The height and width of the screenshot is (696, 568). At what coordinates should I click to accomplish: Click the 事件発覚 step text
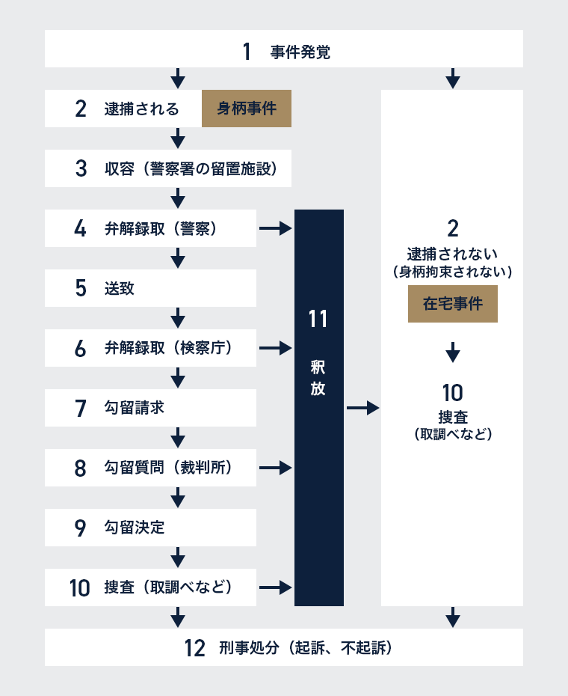(x=300, y=52)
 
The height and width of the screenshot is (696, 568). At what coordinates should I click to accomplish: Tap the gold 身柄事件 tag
(x=247, y=109)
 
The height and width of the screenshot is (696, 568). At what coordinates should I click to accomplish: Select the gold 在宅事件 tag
(x=453, y=304)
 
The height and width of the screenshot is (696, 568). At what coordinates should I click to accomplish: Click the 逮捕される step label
(x=141, y=109)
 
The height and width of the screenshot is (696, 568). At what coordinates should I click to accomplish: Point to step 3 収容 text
(x=191, y=168)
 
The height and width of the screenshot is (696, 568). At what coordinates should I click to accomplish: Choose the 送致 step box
(x=150, y=288)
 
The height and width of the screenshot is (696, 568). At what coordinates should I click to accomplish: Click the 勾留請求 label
(x=135, y=407)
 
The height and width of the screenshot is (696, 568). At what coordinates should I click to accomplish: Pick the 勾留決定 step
(x=150, y=528)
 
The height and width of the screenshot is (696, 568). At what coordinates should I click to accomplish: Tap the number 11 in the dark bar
(x=318, y=319)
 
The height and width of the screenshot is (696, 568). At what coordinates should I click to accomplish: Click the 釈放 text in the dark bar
(x=318, y=378)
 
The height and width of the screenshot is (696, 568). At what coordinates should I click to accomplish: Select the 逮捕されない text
(x=452, y=254)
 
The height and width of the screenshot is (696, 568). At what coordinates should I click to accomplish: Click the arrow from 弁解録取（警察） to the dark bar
(x=275, y=228)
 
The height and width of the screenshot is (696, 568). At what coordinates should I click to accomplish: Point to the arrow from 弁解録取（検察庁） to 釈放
(x=275, y=348)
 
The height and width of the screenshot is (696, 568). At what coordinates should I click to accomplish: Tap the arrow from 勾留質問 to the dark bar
(x=275, y=468)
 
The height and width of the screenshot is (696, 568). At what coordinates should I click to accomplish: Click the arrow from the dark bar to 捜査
(x=362, y=407)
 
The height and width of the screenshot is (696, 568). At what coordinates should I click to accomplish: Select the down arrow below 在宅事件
(x=453, y=352)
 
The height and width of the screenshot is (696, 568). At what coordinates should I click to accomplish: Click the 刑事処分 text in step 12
(x=249, y=647)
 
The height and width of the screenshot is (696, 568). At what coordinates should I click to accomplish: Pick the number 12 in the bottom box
(x=194, y=648)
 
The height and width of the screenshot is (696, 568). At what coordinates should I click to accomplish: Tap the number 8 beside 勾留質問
(x=80, y=468)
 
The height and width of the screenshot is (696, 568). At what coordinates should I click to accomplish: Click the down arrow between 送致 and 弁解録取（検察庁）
(x=178, y=318)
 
